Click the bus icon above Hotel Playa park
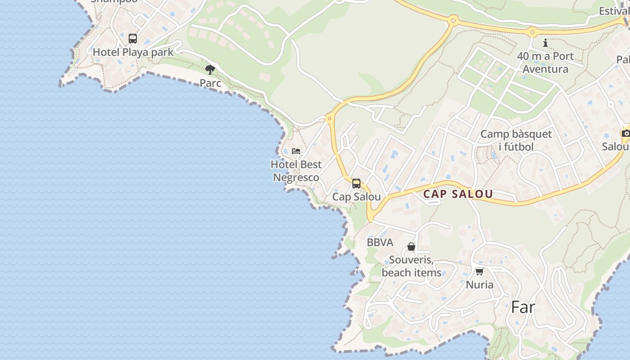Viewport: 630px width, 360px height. pyautogui.click(x=132, y=39)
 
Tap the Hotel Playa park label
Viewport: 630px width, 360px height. pyautogui.click(x=133, y=52)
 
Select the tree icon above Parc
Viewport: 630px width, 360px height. pyautogui.click(x=210, y=70)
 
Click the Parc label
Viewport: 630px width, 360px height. pyautogui.click(x=210, y=83)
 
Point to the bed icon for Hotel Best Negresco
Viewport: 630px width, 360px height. pyautogui.click(x=296, y=151)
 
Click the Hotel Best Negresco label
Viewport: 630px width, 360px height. pyautogui.click(x=296, y=171)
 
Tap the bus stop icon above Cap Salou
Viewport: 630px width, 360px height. pyautogui.click(x=356, y=184)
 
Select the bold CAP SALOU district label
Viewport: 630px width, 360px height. pyautogui.click(x=458, y=194)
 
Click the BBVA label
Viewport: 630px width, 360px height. pyautogui.click(x=380, y=243)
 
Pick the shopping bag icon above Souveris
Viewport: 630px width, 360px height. pyautogui.click(x=411, y=247)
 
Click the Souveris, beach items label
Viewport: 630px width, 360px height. pyautogui.click(x=411, y=266)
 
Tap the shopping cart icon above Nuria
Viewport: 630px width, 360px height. pyautogui.click(x=479, y=271)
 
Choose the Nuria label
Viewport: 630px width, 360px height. pyautogui.click(x=479, y=285)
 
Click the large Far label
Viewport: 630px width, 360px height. pyautogui.click(x=523, y=307)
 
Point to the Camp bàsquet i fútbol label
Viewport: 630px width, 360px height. pyautogui.click(x=516, y=140)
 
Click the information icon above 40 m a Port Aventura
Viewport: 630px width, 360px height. pyautogui.click(x=545, y=43)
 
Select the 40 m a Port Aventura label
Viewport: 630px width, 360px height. pyautogui.click(x=545, y=63)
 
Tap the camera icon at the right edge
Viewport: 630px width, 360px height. pyautogui.click(x=625, y=133)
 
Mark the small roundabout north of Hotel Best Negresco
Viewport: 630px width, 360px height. pyautogui.click(x=330, y=119)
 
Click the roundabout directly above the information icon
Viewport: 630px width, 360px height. pyautogui.click(x=533, y=32)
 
